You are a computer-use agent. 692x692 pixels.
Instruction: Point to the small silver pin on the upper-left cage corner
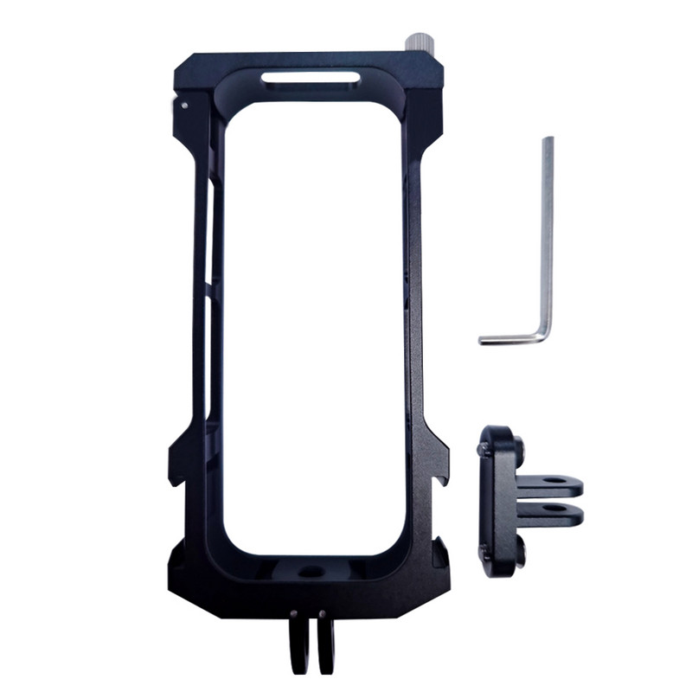click(x=185, y=106)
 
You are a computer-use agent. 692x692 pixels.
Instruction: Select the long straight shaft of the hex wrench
click(x=548, y=234)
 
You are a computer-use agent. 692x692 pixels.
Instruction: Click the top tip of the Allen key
click(x=548, y=140)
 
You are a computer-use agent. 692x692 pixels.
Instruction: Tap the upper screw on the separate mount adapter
click(x=484, y=448)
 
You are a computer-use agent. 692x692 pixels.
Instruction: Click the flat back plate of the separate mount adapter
click(x=499, y=502)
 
